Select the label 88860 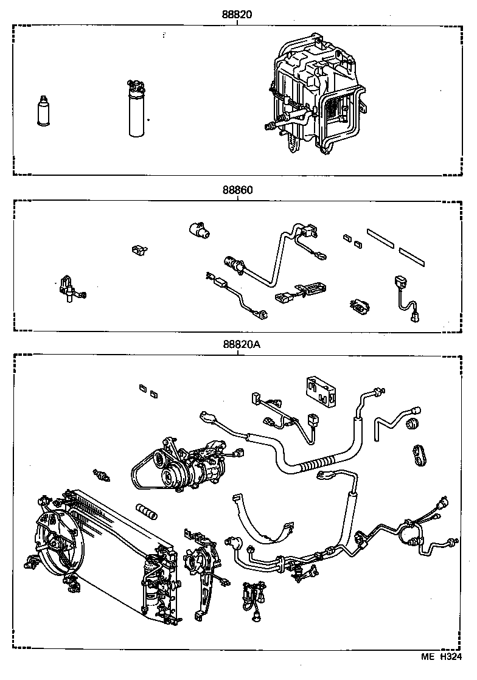pos(237,190)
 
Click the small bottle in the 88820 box pos(44,111)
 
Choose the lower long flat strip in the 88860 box pos(415,255)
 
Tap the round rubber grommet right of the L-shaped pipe pos(416,423)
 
